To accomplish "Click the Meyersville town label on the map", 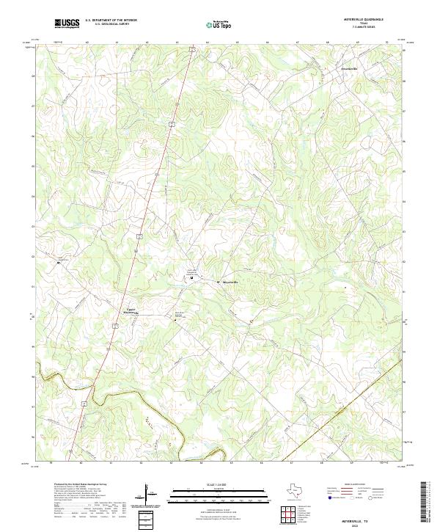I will pyautogui.click(x=230, y=283).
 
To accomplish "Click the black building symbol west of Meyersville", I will pyautogui.click(x=191, y=278).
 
